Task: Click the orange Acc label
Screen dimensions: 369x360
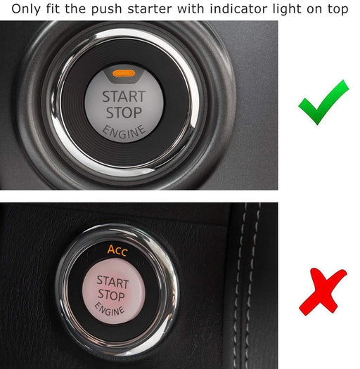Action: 117,250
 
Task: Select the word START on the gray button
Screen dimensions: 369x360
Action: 124,96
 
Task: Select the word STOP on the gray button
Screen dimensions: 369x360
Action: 122,112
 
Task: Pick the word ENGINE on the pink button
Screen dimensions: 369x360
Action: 110,309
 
